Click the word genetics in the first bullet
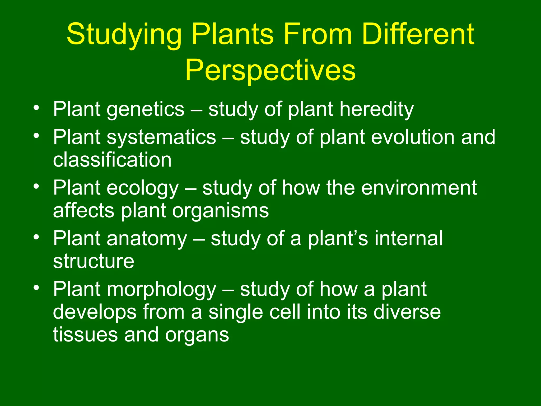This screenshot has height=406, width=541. click(x=145, y=109)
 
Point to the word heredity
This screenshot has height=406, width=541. click(x=376, y=109)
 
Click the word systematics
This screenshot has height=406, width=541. click(x=161, y=137)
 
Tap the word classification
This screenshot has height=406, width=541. click(x=112, y=160)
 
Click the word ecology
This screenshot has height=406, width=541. click(x=143, y=188)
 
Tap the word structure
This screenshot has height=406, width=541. click(x=94, y=261)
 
